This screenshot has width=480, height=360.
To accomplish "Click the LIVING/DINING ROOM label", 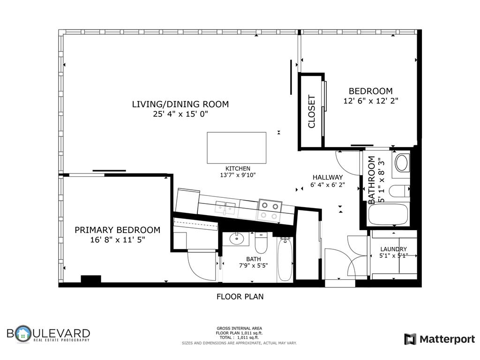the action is point(180,105).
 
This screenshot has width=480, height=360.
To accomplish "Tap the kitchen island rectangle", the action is point(236,148).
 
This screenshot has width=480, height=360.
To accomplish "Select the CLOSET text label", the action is point(311,112).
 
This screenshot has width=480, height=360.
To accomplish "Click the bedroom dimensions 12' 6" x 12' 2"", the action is point(371,101).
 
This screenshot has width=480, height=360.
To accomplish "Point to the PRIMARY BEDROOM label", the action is point(118,230).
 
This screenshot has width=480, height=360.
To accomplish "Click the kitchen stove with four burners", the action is point(270,210).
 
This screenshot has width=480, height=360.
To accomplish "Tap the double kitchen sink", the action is point(225,207).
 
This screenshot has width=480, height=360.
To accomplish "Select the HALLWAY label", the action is point(328,177).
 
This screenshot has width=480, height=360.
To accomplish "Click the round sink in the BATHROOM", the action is point(402,163).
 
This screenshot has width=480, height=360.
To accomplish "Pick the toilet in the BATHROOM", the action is point(399,191).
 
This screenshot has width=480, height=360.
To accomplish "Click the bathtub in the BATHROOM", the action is point(389,214).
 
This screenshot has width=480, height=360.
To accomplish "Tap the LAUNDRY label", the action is point(393,249).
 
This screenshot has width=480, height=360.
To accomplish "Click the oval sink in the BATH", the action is point(235,239).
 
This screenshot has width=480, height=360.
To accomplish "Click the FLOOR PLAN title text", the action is point(240,297).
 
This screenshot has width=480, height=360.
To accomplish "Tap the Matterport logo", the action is point(440,339).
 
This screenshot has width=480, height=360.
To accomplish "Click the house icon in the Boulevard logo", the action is point(23,334).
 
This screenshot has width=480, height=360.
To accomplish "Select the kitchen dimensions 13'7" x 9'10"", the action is point(238,175).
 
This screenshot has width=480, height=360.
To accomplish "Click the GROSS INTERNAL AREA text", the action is point(240,329).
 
